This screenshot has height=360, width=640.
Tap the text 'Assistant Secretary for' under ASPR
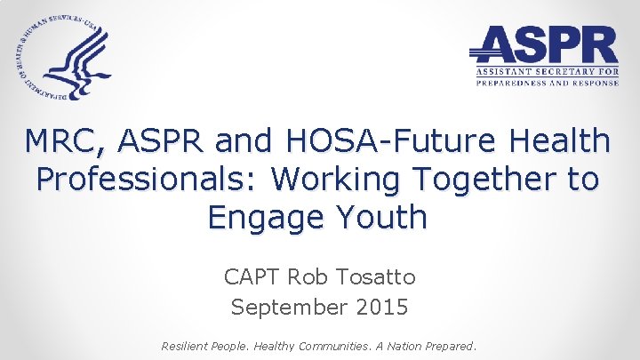[548, 70]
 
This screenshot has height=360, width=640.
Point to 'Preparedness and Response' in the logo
[548, 83]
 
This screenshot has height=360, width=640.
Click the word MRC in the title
[65, 141]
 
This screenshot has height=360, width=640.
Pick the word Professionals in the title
[148, 179]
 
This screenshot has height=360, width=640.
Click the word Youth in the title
[381, 217]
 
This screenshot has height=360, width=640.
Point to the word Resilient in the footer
[188, 345]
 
